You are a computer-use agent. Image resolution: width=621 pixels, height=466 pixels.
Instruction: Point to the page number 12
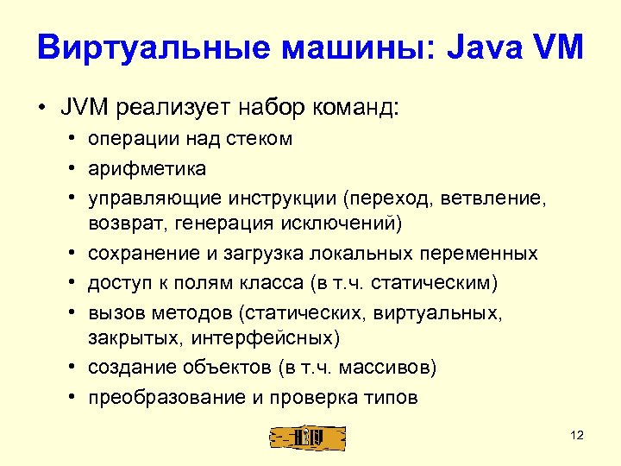coord(577,435)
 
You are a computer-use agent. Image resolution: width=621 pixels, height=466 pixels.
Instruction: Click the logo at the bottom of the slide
coord(307,437)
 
